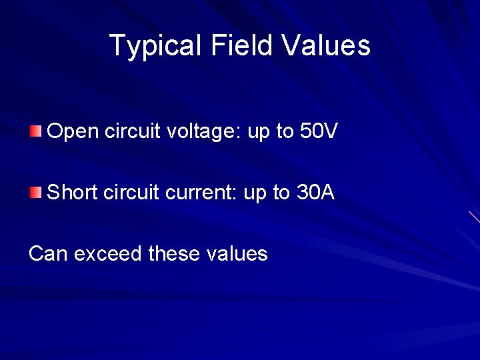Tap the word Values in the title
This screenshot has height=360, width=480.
(x=326, y=46)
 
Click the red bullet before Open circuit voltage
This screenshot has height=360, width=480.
(x=35, y=131)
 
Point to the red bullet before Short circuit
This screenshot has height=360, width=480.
(x=35, y=193)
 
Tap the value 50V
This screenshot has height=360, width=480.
(x=319, y=131)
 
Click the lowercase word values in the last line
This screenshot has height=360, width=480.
(x=237, y=254)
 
